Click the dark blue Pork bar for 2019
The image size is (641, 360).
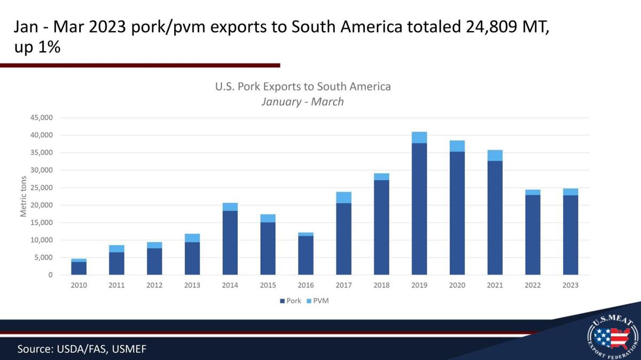[x=419, y=209]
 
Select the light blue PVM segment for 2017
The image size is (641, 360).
[x=343, y=198]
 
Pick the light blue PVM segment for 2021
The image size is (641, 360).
[x=495, y=155]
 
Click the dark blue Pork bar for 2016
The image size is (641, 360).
[x=306, y=255]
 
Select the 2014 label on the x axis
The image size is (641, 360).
[x=230, y=285]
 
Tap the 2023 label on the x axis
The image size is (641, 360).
[x=570, y=285]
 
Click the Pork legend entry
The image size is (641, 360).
[x=291, y=301]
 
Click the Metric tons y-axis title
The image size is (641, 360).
[x=24, y=196]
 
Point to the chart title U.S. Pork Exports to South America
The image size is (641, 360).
[x=303, y=87]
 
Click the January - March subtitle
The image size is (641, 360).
[x=302, y=101]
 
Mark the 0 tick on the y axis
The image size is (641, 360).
[x=50, y=275]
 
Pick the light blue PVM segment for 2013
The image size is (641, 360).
[x=192, y=238]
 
